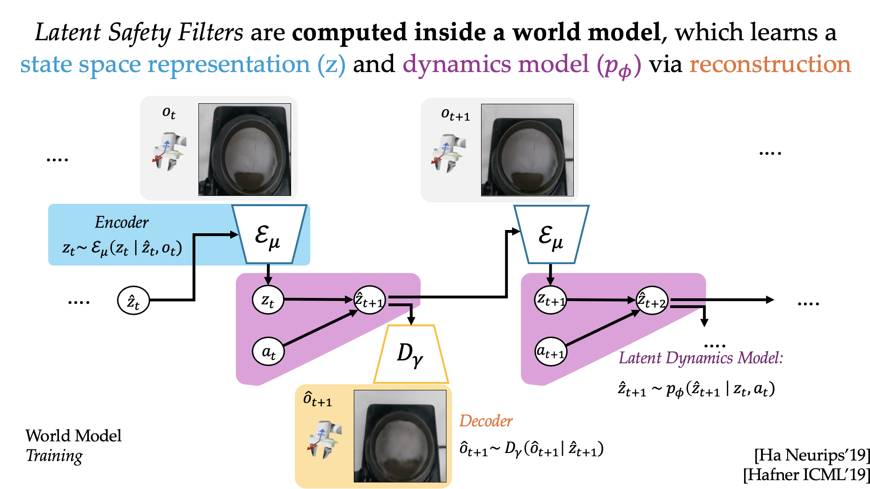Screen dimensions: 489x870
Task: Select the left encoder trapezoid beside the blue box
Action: (x=269, y=234)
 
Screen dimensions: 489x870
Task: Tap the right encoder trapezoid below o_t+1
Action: (x=551, y=234)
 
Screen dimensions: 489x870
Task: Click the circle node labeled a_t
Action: (x=268, y=351)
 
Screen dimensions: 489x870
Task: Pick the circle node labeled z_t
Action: (x=268, y=300)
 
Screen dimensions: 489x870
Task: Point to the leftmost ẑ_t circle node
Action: (x=133, y=301)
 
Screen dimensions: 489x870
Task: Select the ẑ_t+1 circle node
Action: (x=370, y=300)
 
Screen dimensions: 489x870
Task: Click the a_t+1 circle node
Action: (x=551, y=351)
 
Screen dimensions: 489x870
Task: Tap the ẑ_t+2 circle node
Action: (x=652, y=301)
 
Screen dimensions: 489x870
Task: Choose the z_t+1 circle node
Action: (x=551, y=300)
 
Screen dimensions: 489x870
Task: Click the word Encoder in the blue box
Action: (x=122, y=222)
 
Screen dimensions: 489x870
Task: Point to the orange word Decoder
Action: (x=486, y=421)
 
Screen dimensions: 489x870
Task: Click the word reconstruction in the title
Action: (x=770, y=65)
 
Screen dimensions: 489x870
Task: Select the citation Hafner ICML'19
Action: (x=806, y=475)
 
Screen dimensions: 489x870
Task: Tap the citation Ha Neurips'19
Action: (x=812, y=455)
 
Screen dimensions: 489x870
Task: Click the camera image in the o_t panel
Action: (x=245, y=150)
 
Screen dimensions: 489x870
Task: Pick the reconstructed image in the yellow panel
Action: (x=400, y=436)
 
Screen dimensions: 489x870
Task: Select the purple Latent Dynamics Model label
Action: (x=701, y=358)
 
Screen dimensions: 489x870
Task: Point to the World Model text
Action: (x=73, y=436)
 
